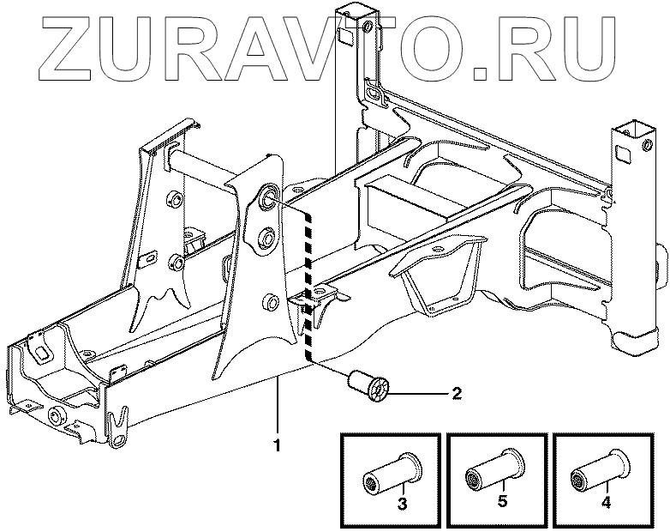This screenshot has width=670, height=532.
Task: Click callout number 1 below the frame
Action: (277, 445)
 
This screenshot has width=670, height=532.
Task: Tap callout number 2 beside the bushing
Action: (457, 394)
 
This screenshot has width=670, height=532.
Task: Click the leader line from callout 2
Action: (420, 394)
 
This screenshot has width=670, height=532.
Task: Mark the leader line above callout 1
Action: (277, 408)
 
